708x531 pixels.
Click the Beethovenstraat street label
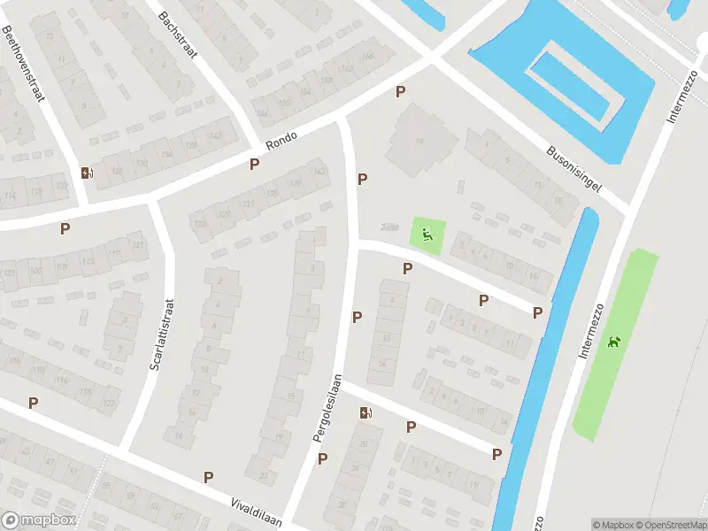(25, 64)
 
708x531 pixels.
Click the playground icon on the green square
(427, 235)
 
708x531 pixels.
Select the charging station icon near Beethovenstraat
(86, 173)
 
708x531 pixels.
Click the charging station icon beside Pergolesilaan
(366, 412)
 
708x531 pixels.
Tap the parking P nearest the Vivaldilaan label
(209, 477)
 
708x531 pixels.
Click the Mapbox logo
(39, 520)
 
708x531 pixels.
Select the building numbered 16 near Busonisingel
(419, 140)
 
